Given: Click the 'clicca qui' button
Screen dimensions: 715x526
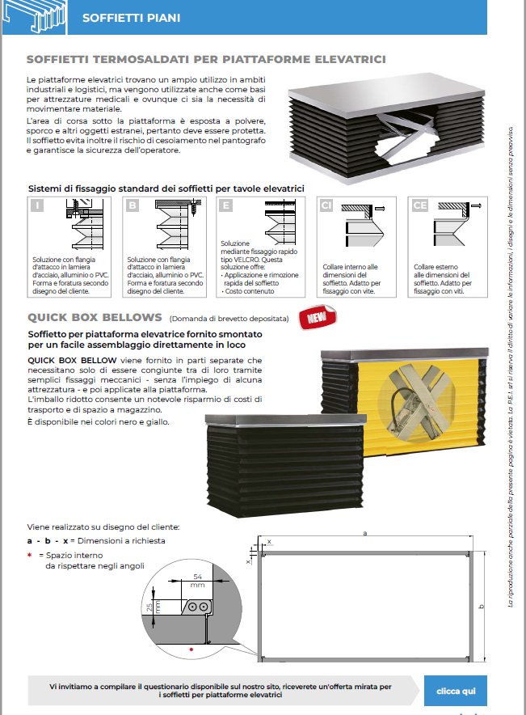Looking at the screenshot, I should pyautogui.click(x=456, y=691).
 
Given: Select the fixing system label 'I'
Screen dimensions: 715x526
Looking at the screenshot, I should pyautogui.click(x=38, y=205).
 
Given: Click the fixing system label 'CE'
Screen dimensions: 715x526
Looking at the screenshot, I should pyautogui.click(x=420, y=205).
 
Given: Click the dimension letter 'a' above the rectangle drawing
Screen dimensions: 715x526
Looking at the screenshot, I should pyautogui.click(x=365, y=533).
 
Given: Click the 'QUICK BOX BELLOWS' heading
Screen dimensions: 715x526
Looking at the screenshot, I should pyautogui.click(x=95, y=317).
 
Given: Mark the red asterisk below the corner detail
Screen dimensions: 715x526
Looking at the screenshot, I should pyautogui.click(x=191, y=649).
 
